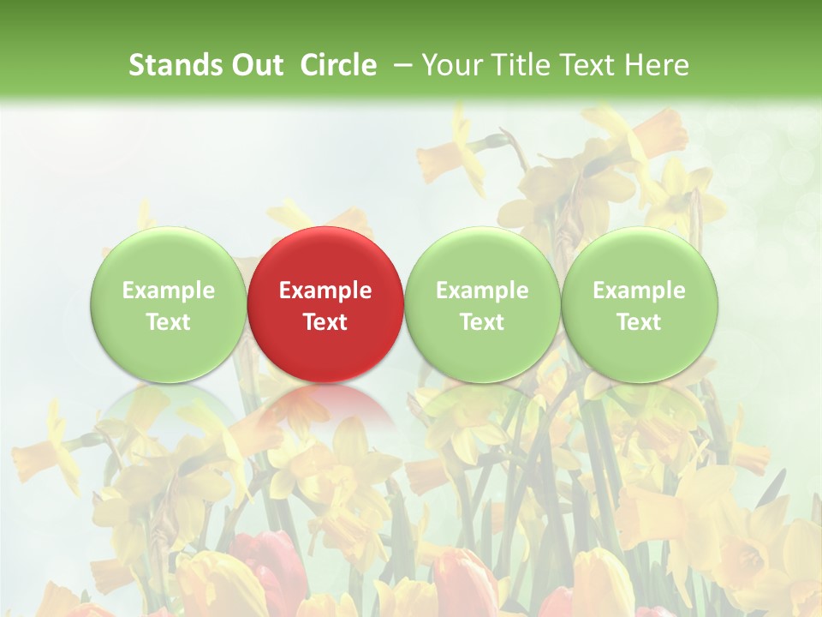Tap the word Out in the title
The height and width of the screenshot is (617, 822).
[x=258, y=65]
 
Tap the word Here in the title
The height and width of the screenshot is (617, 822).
[x=658, y=65]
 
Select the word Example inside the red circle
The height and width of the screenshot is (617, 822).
[x=325, y=291]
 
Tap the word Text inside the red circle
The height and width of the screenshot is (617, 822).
[x=325, y=322]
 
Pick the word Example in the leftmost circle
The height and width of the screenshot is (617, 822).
[x=168, y=291]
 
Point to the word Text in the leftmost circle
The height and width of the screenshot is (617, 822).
[x=168, y=322]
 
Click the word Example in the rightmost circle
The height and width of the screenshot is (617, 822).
[x=640, y=291]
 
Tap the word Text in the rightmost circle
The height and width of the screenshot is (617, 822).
[x=640, y=322]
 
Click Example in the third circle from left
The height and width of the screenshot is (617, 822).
[x=482, y=291]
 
